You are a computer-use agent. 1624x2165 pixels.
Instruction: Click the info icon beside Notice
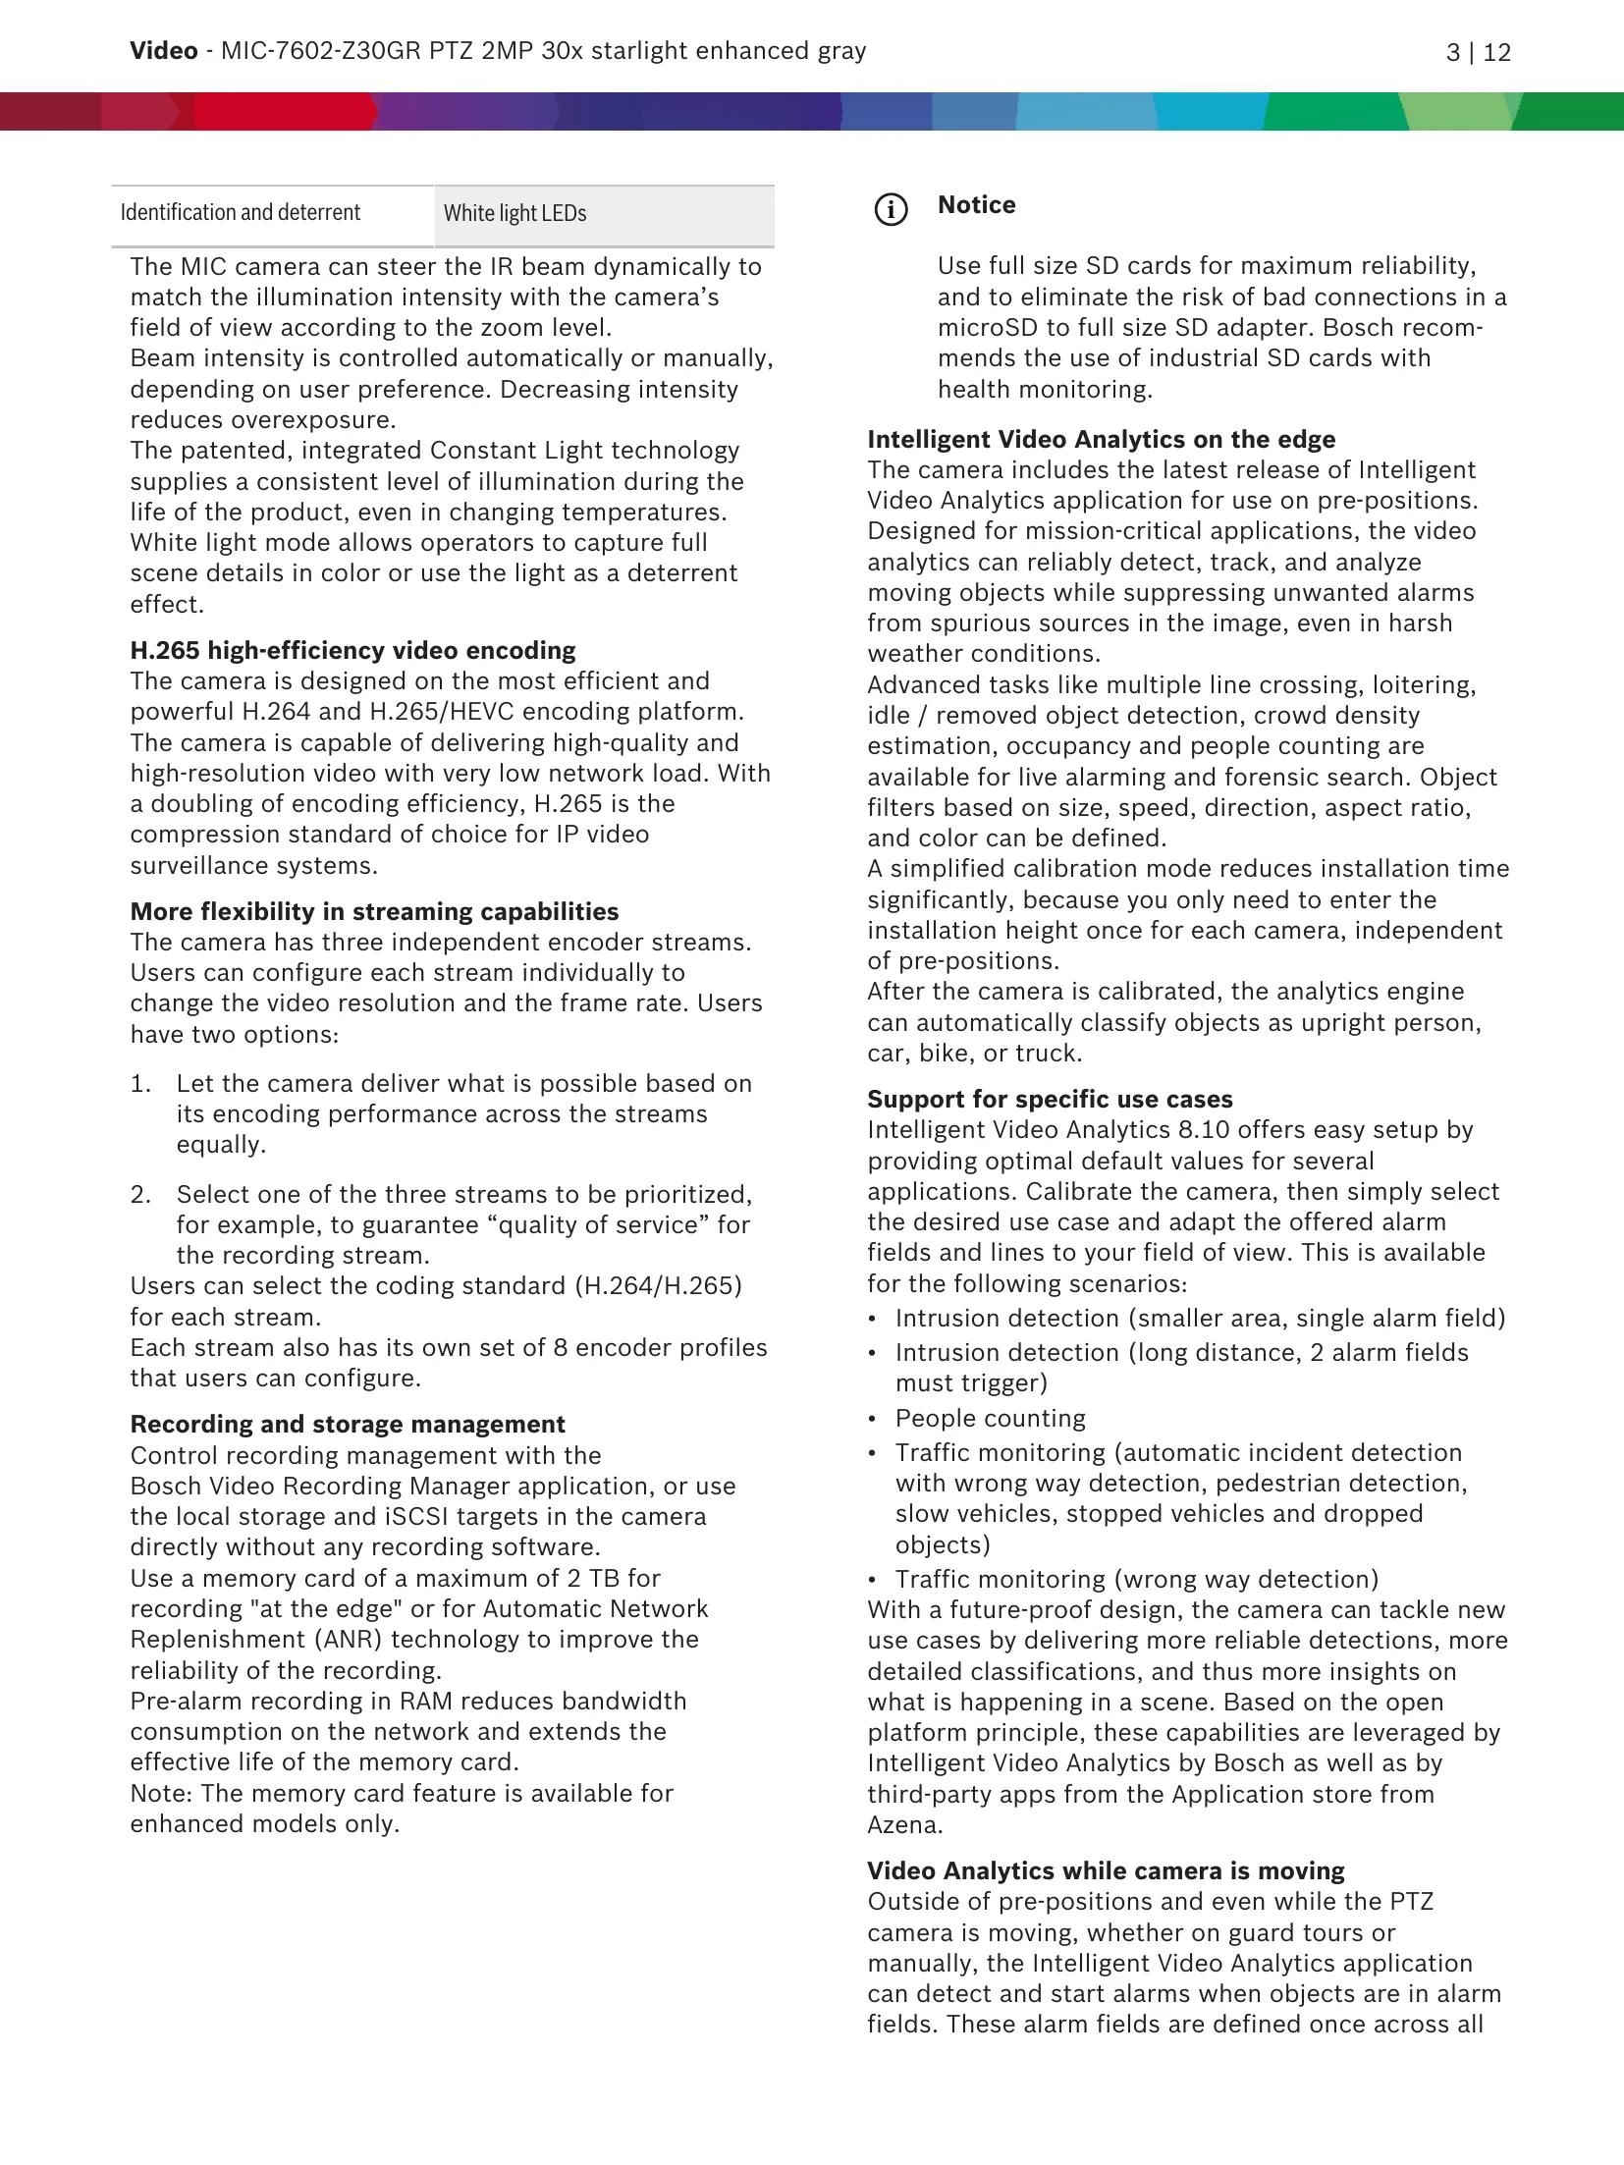891,209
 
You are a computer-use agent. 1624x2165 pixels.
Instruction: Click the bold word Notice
976,205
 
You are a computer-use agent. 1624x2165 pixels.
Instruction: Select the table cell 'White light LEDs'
603,214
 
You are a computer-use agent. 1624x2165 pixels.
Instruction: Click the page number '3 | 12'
1478,53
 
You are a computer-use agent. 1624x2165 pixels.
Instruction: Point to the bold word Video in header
163,51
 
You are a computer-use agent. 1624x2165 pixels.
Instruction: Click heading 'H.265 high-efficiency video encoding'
352,651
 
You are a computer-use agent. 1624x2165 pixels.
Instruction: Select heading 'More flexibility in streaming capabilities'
374,912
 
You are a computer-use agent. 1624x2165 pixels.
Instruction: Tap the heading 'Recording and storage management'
348,1425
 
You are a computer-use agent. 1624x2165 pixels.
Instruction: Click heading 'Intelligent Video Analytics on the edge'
1101,440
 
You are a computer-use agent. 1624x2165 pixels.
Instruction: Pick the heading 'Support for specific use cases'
1050,1100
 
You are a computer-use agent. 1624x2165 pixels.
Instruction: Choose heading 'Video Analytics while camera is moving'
1106,1871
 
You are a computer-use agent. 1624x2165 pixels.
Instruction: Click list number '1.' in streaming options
141,1084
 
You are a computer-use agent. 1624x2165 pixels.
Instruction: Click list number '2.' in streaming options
141,1195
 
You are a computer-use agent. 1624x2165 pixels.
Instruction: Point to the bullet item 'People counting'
990,1419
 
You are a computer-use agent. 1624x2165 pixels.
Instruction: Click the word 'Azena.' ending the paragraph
904,1825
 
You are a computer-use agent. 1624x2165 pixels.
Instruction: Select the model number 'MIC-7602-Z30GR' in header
320,51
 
